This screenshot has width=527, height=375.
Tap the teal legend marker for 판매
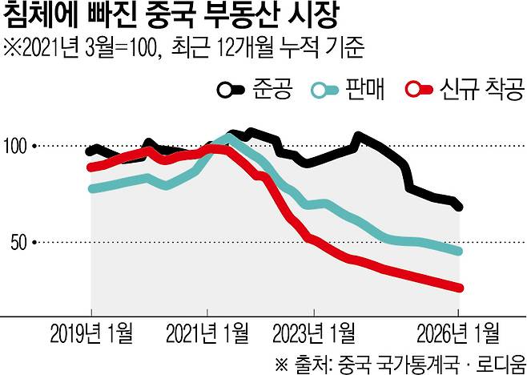click(326, 89)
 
